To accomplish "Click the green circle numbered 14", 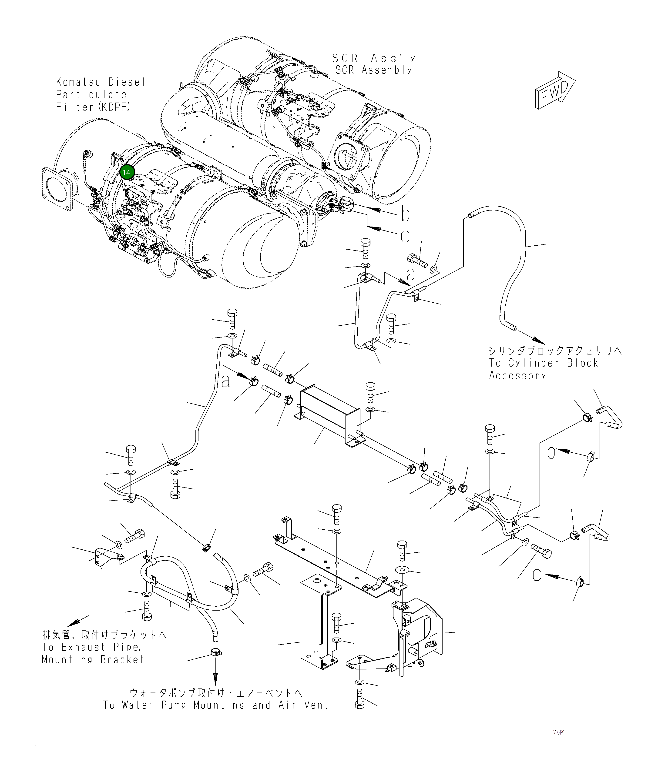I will (x=126, y=172).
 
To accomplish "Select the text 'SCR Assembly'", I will (x=374, y=70).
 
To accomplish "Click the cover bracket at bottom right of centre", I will (x=425, y=630).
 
